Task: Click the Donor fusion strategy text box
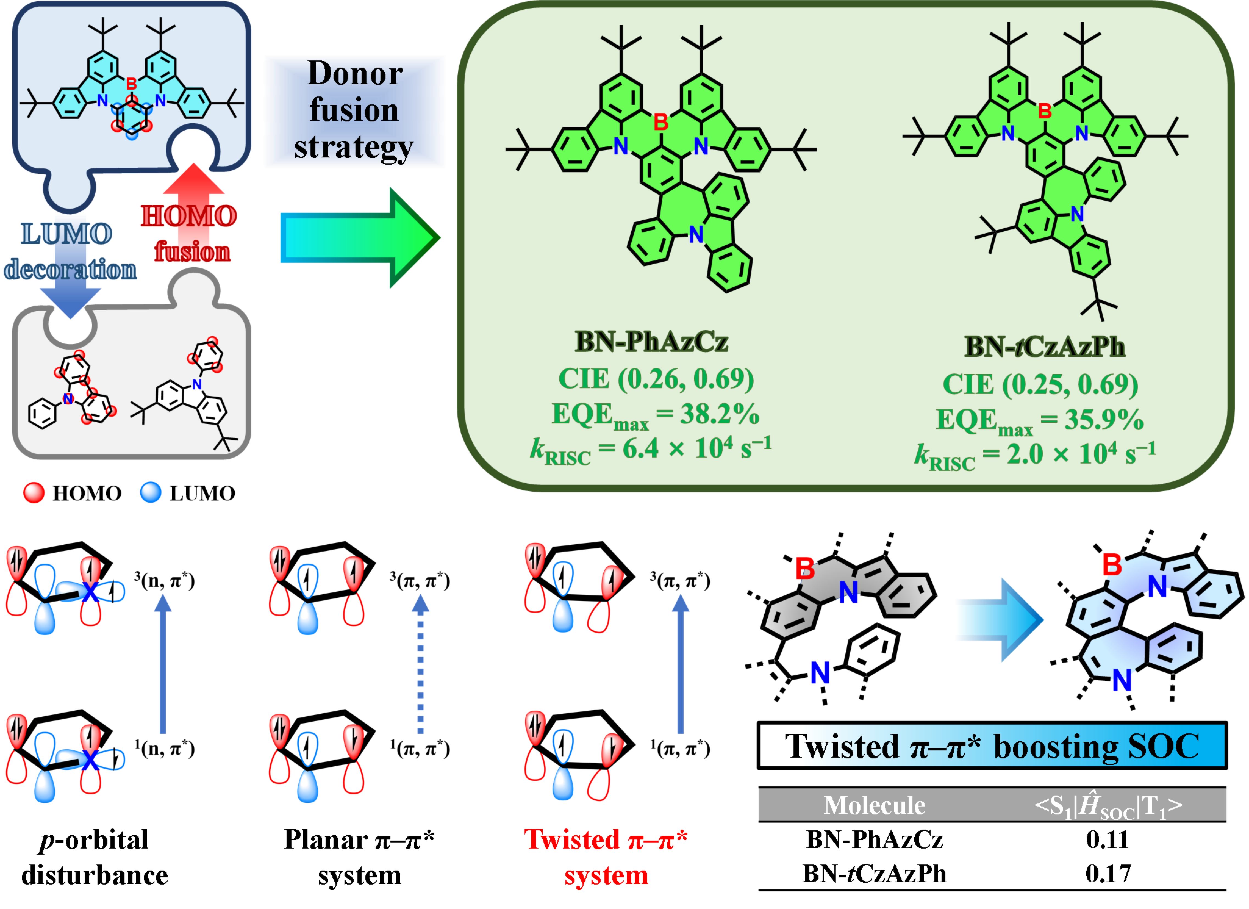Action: [x=354, y=111]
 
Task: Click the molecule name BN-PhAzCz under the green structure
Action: [x=651, y=342]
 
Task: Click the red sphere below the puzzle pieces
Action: [x=34, y=492]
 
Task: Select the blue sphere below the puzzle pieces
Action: [x=151, y=492]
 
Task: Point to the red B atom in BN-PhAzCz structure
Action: [x=661, y=122]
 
